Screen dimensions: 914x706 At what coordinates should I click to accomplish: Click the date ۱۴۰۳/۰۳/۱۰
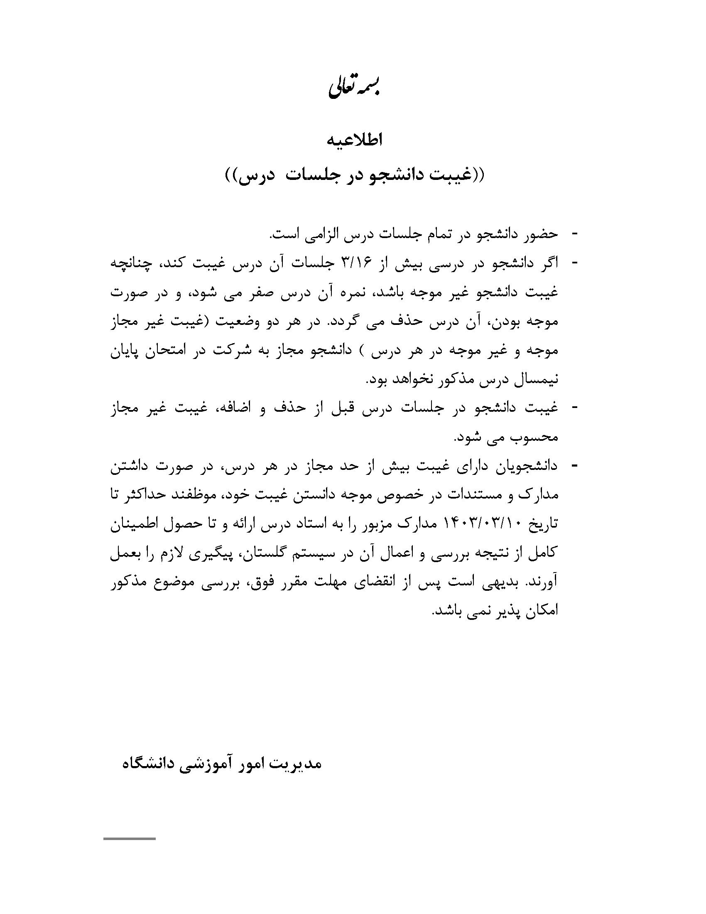480,524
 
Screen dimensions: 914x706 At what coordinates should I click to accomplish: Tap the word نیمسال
536,380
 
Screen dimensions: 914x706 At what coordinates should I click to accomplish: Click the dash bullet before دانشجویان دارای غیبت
574,465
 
